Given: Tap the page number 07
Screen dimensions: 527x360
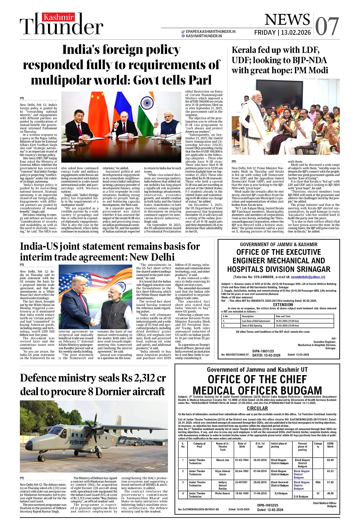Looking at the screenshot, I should [327, 26].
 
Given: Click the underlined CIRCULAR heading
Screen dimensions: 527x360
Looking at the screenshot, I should [257, 408].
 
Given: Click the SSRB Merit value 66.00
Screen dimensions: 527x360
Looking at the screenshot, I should [330, 460].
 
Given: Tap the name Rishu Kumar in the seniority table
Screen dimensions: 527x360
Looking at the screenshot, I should [223, 493].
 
